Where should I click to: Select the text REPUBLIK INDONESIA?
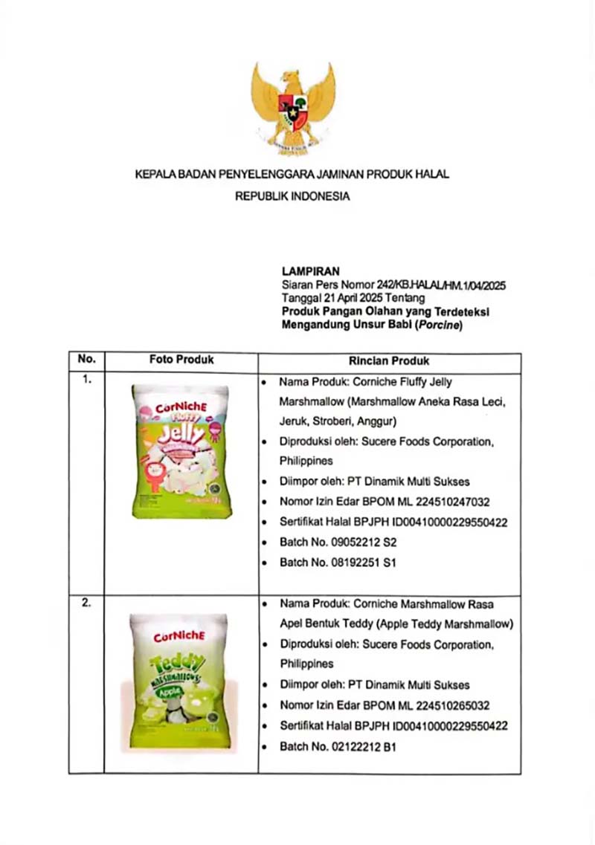292,198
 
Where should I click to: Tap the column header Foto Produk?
181,360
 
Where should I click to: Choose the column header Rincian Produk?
389,361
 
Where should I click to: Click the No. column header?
87,360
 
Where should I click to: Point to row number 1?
87,381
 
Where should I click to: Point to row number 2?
87,603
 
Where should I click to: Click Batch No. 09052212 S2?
338,543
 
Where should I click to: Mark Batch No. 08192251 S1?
338,563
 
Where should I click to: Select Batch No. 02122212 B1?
337,745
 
